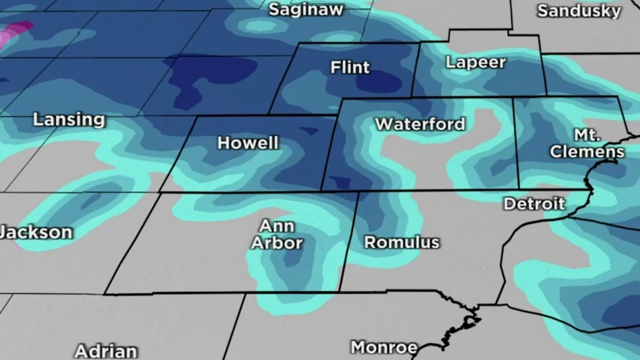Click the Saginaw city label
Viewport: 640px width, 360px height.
306,9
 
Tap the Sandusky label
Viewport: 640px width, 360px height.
579,11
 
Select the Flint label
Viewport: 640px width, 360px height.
350,67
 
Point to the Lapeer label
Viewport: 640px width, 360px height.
475,62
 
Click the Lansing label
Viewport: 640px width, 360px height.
69,120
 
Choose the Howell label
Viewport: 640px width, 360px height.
248,143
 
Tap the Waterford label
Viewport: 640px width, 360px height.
420,124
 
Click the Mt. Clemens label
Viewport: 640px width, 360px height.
587,144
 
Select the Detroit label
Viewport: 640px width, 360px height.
534,203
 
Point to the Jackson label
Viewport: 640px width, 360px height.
36,232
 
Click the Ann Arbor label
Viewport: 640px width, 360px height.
276,235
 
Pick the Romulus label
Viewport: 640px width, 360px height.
401,242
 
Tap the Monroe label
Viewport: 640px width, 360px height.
384,347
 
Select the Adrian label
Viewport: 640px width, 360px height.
105,351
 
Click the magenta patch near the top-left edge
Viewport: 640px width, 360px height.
15,32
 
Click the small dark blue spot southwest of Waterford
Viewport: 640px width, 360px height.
341,183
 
